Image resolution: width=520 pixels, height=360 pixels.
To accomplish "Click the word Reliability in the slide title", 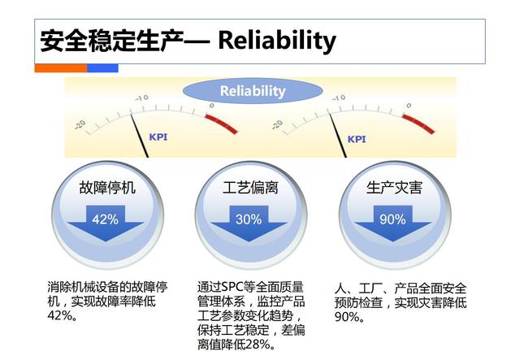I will pyautogui.click(x=277, y=40).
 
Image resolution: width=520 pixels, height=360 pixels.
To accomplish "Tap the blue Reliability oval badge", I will pyautogui.click(x=253, y=91).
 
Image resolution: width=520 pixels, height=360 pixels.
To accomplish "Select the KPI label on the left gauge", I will pyautogui.click(x=158, y=137).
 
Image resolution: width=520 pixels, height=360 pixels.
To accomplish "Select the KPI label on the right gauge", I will pyautogui.click(x=357, y=138).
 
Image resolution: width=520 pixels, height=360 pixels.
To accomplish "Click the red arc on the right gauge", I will pyautogui.click(x=419, y=121).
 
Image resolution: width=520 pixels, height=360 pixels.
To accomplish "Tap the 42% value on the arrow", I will pyautogui.click(x=105, y=219).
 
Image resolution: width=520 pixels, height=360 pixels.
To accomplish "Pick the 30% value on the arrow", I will pyautogui.click(x=249, y=219).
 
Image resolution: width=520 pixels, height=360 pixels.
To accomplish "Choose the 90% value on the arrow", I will pyautogui.click(x=392, y=219).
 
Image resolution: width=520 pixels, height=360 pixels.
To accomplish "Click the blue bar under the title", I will pyautogui.click(x=102, y=68).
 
